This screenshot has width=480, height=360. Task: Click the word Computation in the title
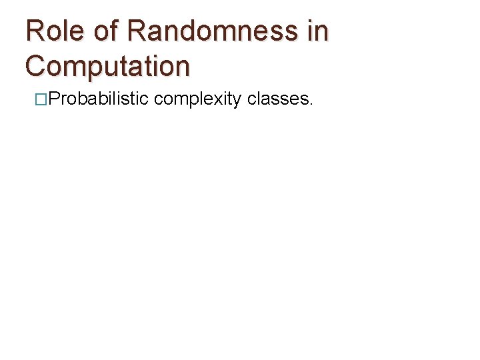(107, 66)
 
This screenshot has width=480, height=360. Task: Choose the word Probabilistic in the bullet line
(99, 99)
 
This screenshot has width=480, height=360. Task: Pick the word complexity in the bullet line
(197, 100)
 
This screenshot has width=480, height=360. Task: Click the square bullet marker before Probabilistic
(41, 100)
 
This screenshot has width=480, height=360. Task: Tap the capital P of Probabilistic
(55, 99)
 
